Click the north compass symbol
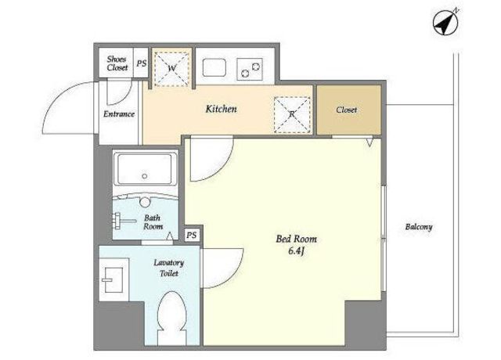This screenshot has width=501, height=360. point(445,23)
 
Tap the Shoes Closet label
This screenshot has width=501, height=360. point(117,63)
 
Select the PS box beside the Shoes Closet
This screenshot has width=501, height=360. point(141,63)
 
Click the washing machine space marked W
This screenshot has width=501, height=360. point(172,68)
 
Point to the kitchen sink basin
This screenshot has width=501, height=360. point(214,67)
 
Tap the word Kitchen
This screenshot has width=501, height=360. point(221,109)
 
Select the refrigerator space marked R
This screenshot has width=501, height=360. point(292,115)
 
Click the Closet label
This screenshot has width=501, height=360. point(346,110)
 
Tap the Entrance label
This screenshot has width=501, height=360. point(119,114)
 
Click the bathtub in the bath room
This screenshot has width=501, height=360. point(145,170)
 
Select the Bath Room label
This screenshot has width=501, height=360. point(153,222)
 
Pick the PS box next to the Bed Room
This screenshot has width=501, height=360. point(191,236)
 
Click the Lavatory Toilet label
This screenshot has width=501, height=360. point(169,268)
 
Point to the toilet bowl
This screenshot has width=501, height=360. point(172,317)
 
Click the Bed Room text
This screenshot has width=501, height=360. point(297,239)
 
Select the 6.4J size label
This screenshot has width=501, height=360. point(296,251)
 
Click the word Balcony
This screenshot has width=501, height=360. point(419,227)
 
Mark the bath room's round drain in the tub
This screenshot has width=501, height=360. point(145,176)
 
